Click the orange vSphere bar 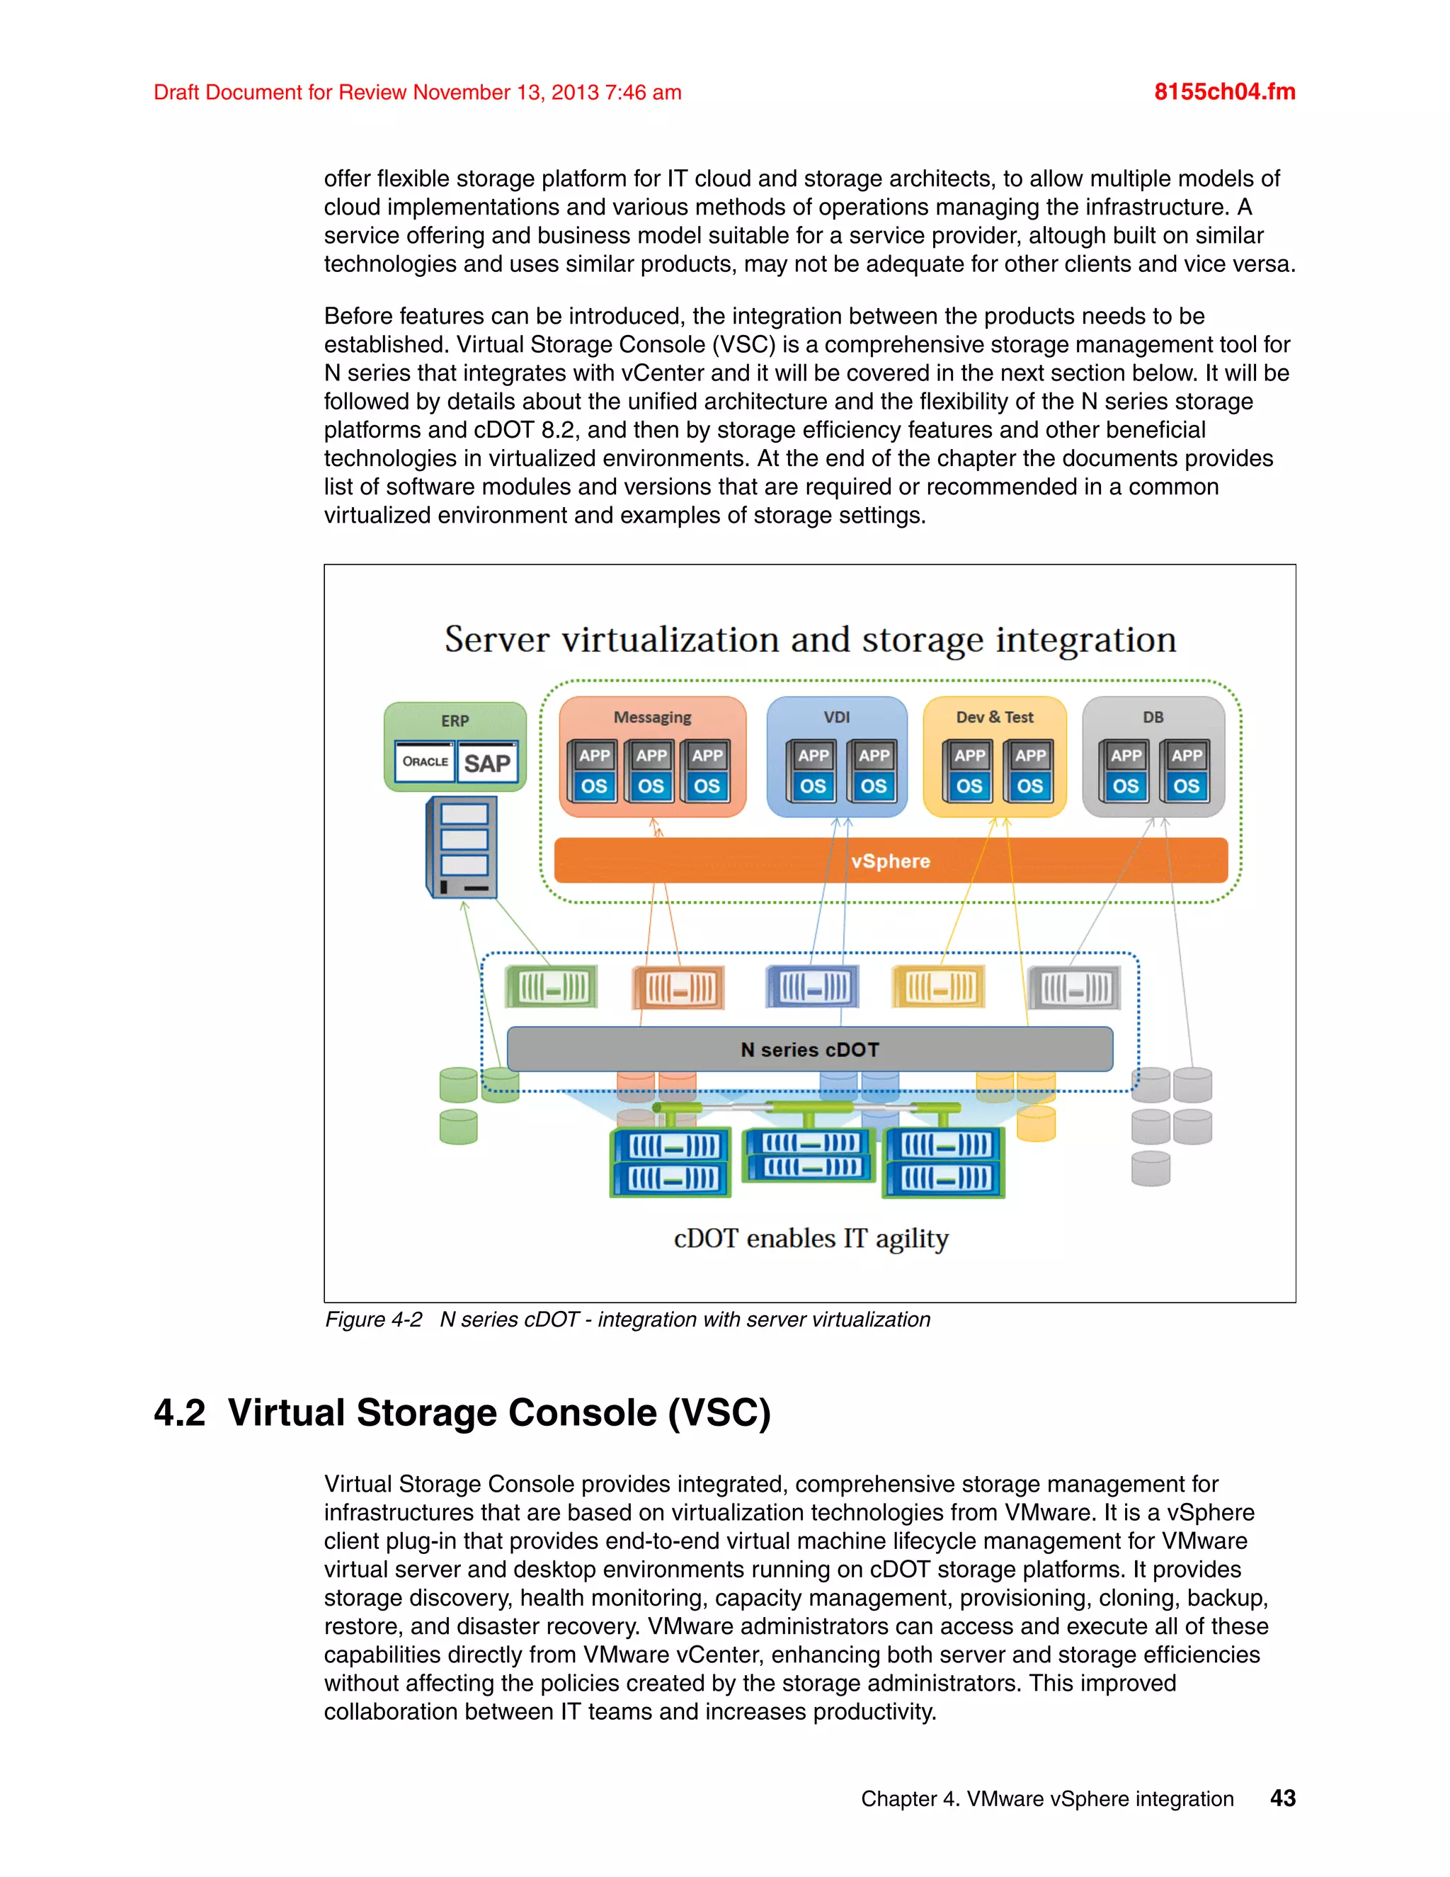pos(891,861)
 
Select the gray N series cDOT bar pos(809,1050)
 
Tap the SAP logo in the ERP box pos(487,763)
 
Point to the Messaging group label pos(652,717)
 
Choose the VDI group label pos(836,717)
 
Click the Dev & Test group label pos(995,717)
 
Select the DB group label pos(1153,717)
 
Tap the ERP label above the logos pos(455,720)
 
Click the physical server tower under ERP pos(462,847)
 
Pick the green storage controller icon pos(551,987)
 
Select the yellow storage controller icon pos(938,987)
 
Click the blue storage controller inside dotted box pos(812,987)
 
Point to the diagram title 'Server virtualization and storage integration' pos(810,640)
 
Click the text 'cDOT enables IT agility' pos(811,1238)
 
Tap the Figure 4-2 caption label pos(374,1320)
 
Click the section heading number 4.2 pos(180,1413)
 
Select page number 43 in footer pos(1282,1798)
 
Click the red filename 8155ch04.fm pos(1224,92)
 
